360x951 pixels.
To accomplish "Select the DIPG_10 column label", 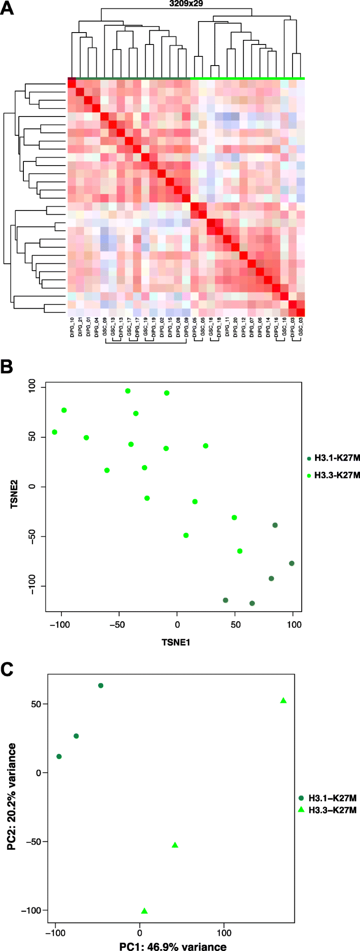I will pos(72,331).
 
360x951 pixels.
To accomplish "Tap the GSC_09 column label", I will pos(105,331).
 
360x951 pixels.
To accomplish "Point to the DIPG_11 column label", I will pos(227,331).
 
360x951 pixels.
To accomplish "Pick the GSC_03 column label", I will pos(301,331).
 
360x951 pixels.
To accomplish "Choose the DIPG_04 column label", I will pos(97,331).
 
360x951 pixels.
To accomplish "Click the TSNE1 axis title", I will pos(176,642).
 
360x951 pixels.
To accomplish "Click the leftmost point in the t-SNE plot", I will pos(55,432).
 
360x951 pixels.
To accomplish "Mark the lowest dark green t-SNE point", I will pos(252,603).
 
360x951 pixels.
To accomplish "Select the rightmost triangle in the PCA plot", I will pos(283,701).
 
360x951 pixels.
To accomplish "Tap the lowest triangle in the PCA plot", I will pos(144,911).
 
